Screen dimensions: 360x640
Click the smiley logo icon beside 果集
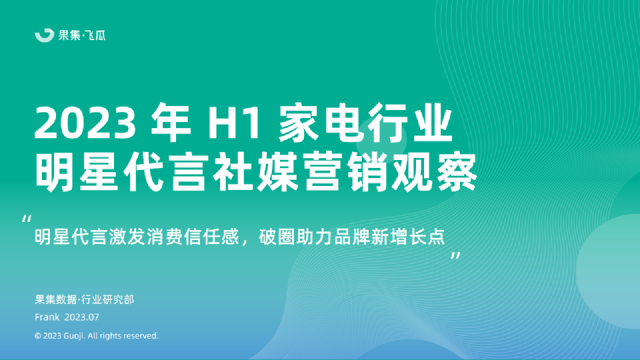tap(45, 35)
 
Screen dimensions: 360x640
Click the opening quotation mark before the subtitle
tap(27, 219)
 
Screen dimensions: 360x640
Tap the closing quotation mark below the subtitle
tap(456, 256)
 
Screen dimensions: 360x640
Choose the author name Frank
tap(47, 316)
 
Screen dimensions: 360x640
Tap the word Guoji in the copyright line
tap(74, 336)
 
